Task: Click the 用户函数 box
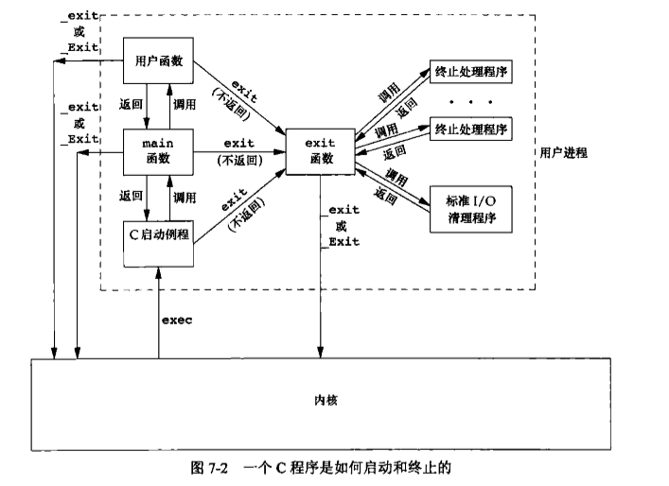point(159,61)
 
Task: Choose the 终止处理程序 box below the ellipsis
point(469,129)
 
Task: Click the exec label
point(176,321)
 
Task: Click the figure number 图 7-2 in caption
point(220,469)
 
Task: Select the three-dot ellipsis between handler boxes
point(469,99)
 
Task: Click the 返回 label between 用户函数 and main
point(132,105)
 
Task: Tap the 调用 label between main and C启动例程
point(185,198)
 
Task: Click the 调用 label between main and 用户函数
point(185,105)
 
